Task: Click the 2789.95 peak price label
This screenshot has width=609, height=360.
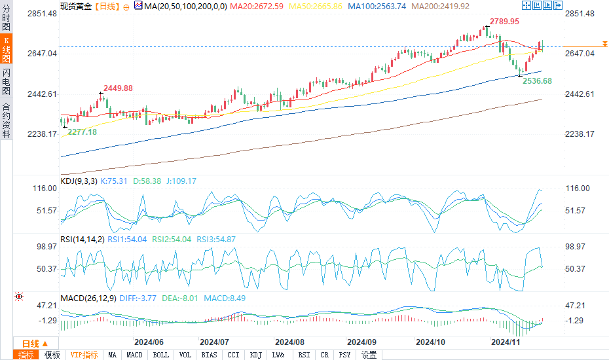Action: [505, 22]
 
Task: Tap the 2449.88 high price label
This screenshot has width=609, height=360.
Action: [118, 88]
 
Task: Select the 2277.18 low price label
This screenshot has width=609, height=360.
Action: [83, 132]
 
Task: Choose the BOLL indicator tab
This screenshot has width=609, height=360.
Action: [160, 355]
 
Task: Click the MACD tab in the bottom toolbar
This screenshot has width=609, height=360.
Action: [134, 355]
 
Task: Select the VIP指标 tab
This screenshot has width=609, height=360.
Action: [84, 355]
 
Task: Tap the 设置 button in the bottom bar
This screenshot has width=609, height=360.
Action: [369, 355]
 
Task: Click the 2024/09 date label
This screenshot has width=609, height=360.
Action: [361, 342]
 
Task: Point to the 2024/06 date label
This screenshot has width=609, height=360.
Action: [149, 342]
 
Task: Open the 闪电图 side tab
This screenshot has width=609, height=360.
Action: [6, 81]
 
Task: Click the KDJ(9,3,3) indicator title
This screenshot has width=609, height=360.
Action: [78, 181]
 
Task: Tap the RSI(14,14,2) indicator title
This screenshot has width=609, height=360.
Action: [82, 240]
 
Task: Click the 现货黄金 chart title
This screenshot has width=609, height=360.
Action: [75, 6]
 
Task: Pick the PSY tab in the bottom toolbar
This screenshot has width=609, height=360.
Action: [344, 355]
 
